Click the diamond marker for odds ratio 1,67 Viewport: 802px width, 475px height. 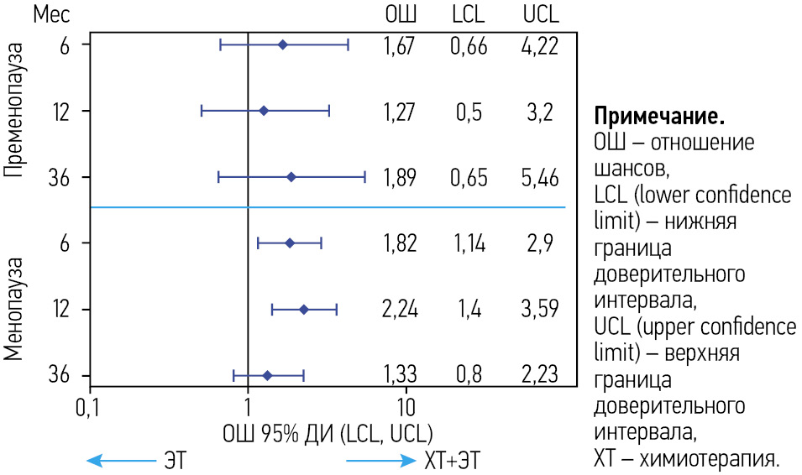pyautogui.click(x=282, y=44)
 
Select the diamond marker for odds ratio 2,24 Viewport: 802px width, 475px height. pyautogui.click(x=304, y=310)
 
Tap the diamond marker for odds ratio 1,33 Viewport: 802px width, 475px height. pyautogui.click(x=267, y=376)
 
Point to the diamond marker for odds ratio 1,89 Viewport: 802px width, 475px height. pyautogui.click(x=291, y=177)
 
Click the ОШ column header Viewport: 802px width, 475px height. pyautogui.click(x=400, y=15)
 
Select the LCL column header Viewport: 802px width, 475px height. pyautogui.click(x=469, y=15)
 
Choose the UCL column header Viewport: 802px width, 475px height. pyautogui.click(x=539, y=15)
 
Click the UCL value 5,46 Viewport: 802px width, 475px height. pyautogui.click(x=539, y=178)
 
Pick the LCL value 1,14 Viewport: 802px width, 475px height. pyautogui.click(x=469, y=243)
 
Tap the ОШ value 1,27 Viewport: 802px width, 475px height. pyautogui.click(x=399, y=112)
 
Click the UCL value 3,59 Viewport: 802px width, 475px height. pyautogui.click(x=539, y=310)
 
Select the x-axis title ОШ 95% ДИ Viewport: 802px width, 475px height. pyautogui.click(x=327, y=434)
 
